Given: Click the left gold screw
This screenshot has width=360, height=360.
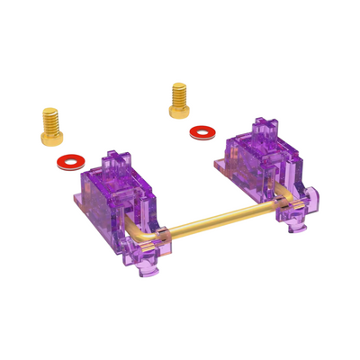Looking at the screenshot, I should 50,127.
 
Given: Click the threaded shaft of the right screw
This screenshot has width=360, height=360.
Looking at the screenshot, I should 178,91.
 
